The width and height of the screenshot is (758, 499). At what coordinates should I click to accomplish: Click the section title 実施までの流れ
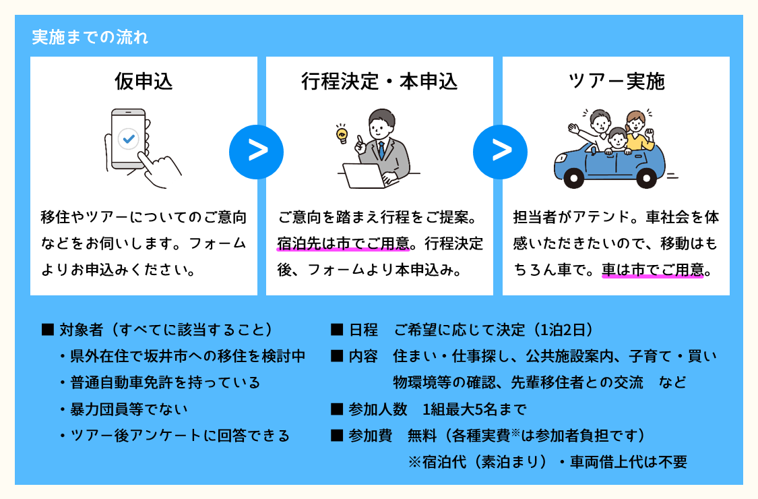click(90, 37)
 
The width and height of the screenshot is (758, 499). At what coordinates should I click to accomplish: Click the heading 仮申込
click(144, 82)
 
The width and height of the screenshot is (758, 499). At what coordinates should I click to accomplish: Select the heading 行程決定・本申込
click(379, 82)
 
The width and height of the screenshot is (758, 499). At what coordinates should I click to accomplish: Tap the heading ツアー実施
click(616, 82)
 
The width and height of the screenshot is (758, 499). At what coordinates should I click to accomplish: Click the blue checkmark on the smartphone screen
click(128, 139)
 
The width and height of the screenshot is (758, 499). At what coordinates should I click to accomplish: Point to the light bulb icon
click(342, 134)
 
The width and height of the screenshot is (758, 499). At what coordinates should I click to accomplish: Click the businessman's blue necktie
click(381, 150)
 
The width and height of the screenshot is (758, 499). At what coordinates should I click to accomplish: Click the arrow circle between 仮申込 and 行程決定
click(256, 150)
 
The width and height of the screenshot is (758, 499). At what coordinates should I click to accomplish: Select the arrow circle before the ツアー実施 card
click(501, 150)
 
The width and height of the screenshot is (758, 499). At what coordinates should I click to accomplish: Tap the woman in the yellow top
click(636, 131)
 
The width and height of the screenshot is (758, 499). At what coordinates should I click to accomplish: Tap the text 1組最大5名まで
click(474, 409)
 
